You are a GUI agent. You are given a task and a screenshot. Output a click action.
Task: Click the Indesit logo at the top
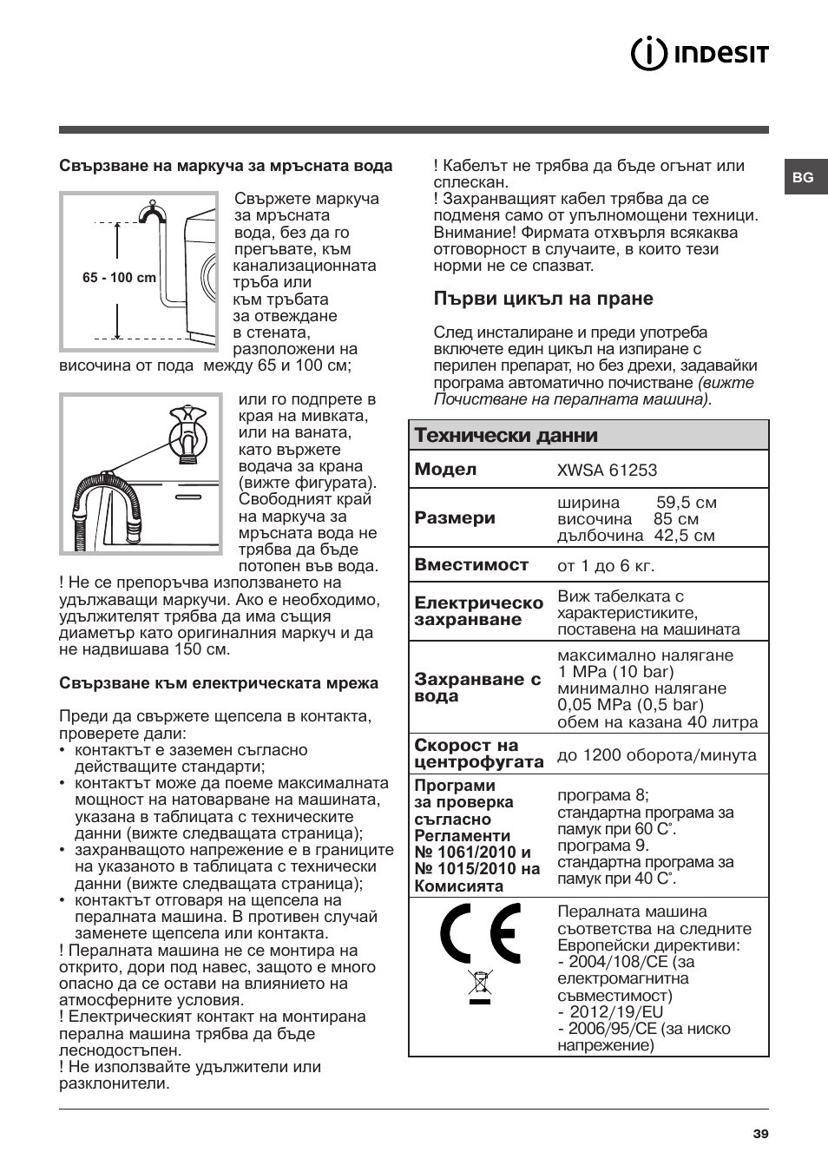coord(699,54)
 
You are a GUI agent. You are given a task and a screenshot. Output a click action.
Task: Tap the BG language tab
coord(803,177)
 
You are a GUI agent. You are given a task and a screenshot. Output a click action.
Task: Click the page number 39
coord(760,1134)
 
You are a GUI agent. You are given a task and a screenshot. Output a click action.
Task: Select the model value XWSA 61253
coord(607,471)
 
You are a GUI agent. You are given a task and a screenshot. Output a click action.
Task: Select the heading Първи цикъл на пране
coord(543,299)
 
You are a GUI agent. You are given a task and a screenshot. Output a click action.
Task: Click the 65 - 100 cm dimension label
coord(119,278)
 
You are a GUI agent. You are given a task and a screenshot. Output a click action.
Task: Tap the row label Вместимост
coord(471,564)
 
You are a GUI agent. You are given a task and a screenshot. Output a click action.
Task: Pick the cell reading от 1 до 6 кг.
coord(606,566)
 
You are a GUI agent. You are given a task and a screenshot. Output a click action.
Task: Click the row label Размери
coord(455,518)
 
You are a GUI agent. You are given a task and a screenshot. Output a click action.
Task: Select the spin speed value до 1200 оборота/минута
coord(656,755)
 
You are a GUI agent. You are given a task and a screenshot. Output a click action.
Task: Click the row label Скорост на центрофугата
coord(478,754)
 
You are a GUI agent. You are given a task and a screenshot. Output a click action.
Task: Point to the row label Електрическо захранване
coord(478,611)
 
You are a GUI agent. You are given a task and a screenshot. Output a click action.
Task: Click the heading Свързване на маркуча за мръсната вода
coord(226,166)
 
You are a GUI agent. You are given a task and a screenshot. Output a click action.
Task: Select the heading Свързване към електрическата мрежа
coord(219,683)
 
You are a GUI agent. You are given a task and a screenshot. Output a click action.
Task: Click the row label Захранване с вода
coord(476,688)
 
